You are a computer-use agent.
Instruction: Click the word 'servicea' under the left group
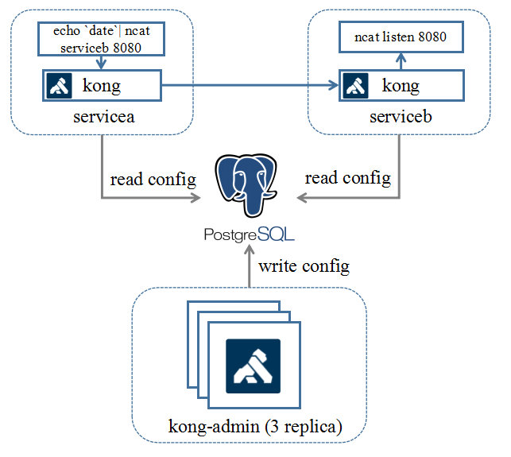click(102, 118)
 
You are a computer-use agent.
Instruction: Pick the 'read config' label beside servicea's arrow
click(153, 178)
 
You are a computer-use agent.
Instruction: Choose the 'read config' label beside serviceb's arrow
click(348, 178)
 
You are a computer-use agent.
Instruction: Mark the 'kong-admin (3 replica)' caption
click(254, 427)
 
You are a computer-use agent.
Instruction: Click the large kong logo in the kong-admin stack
click(253, 366)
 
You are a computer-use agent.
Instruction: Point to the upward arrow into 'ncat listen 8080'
click(402, 60)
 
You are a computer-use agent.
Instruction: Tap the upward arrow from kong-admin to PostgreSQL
click(249, 266)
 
